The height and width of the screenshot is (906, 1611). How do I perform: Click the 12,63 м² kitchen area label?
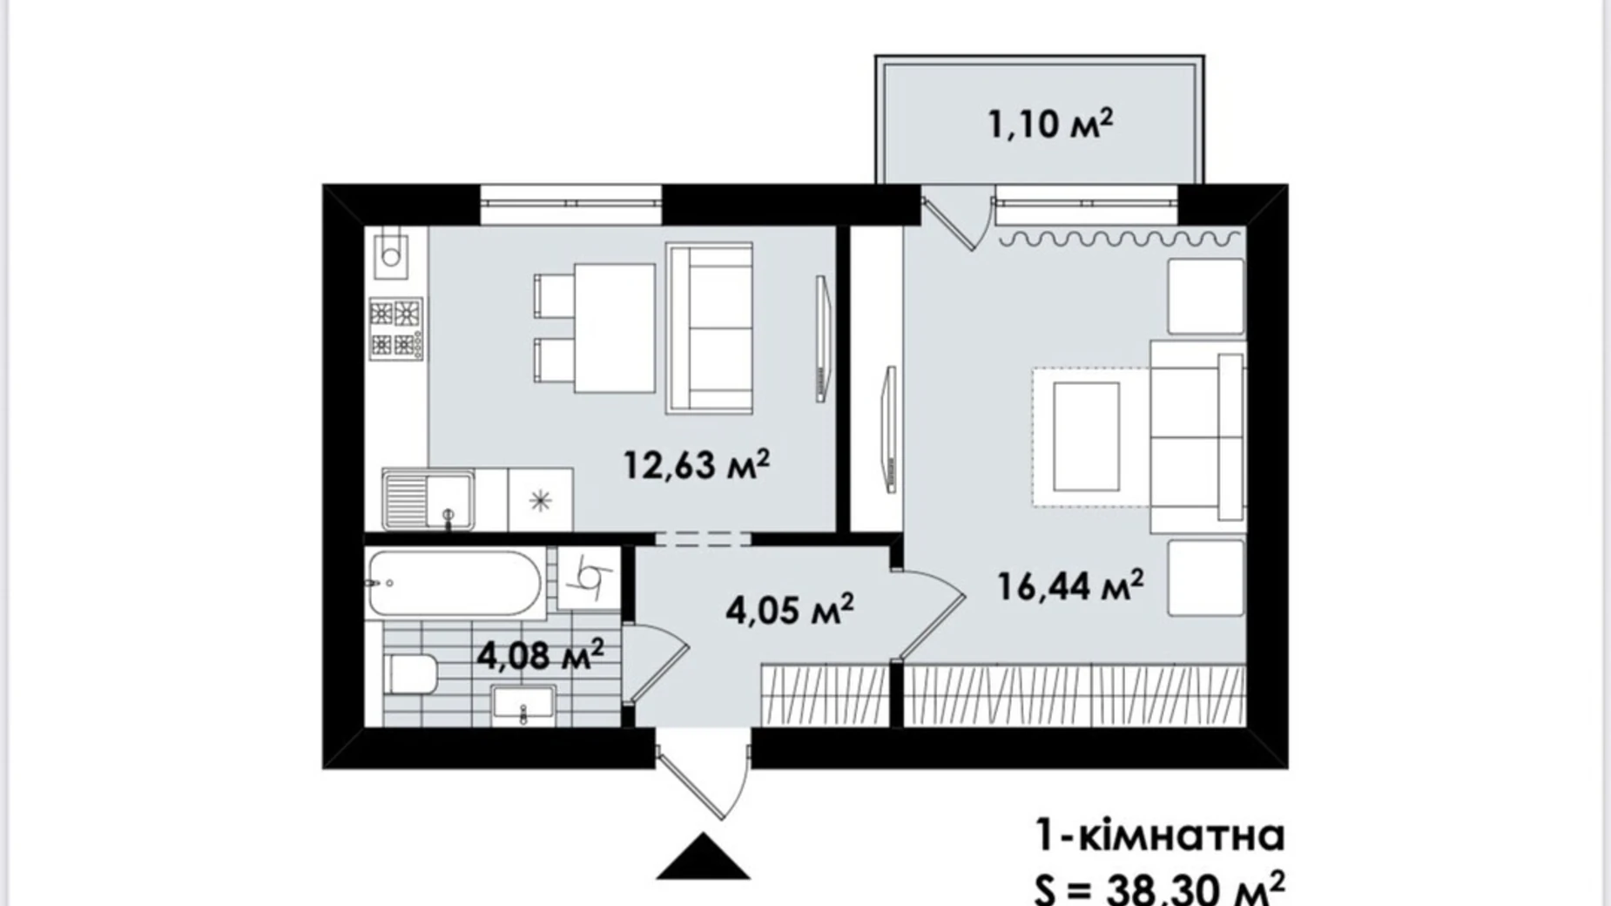point(697,464)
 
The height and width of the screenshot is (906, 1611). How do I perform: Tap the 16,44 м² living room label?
point(1070,585)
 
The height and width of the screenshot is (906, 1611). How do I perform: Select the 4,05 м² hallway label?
point(789,609)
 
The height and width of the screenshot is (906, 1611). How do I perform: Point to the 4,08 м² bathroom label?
point(540,654)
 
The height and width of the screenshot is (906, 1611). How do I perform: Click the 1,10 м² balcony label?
point(1050,124)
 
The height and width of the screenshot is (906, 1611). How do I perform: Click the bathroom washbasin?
point(522,705)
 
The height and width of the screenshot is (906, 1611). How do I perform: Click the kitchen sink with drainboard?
point(428,499)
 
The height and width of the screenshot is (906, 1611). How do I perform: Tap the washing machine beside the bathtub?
point(588,578)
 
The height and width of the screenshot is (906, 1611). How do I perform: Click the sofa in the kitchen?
point(710,328)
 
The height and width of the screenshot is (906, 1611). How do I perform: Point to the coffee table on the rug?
point(1086,436)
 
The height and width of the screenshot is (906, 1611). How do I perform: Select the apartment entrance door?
point(704,775)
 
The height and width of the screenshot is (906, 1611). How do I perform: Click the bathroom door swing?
point(655,662)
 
